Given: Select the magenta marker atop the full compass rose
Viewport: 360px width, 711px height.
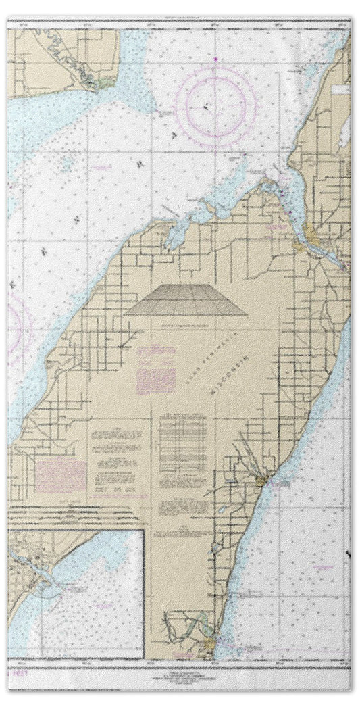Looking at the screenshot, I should coord(216,62).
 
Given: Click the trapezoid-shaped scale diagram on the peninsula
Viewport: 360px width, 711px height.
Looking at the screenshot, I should coord(186,300).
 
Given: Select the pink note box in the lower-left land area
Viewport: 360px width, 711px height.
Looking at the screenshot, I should coord(60,476).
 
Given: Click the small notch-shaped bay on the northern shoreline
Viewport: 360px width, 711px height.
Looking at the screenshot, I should coord(174,237).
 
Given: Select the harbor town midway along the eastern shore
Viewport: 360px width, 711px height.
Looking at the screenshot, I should coord(265,481).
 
